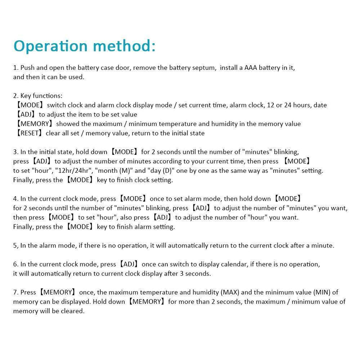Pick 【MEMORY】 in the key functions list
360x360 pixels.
point(34,124)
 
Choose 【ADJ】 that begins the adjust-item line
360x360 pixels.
point(26,114)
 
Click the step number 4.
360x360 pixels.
point(15,198)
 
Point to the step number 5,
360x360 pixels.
point(16,246)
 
